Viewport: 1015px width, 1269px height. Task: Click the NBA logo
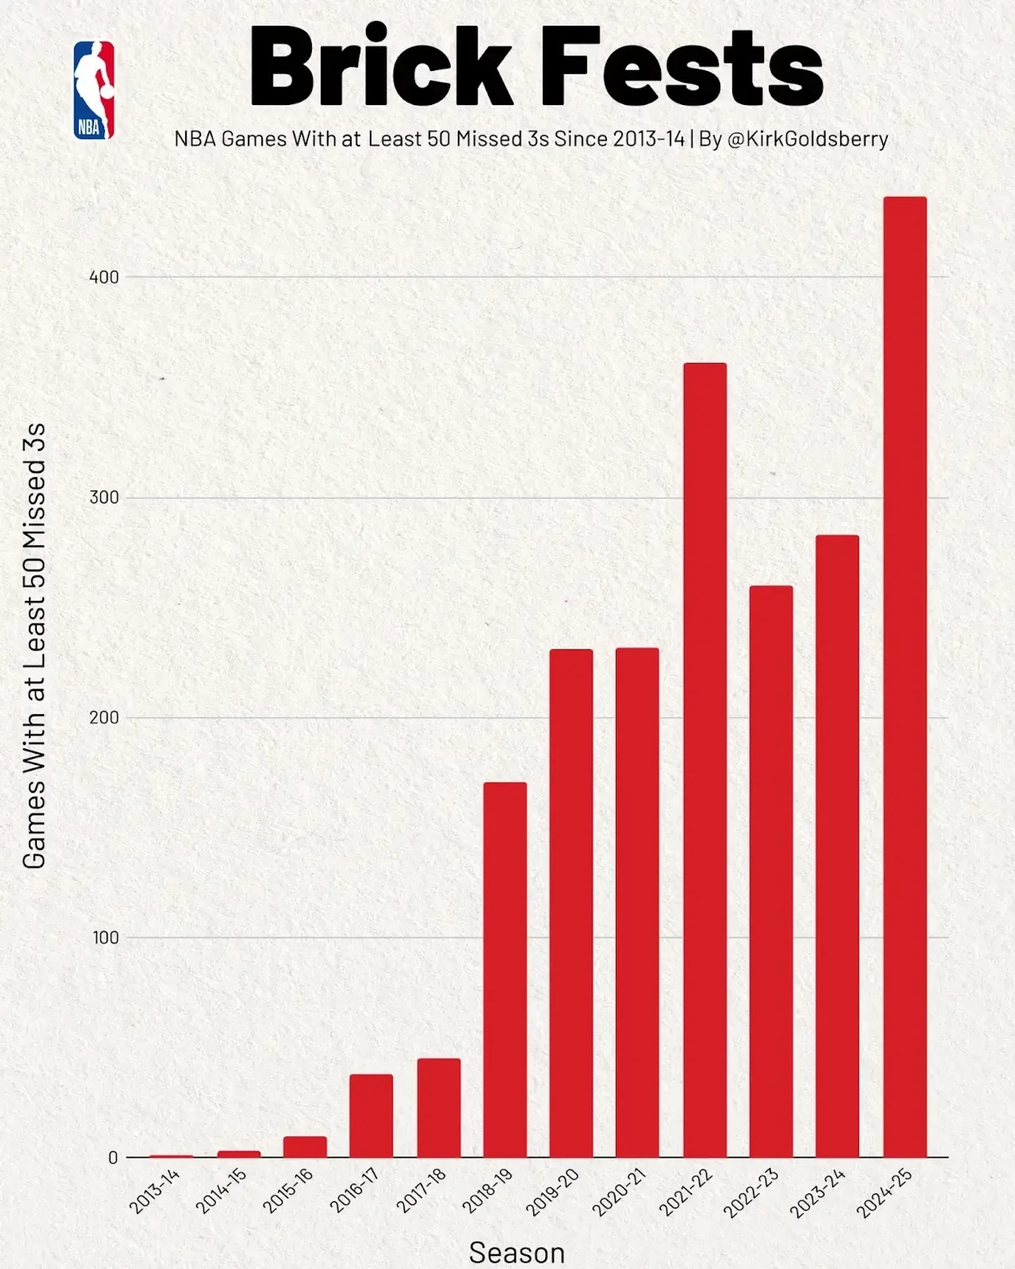94,90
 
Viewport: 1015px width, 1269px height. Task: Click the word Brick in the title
381,67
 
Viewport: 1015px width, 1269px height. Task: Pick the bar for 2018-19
505,969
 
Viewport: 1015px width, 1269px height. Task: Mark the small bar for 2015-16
304,1147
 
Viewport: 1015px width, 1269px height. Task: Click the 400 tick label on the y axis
104,277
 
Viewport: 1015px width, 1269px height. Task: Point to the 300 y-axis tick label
104,498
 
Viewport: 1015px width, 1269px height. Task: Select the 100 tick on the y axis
106,938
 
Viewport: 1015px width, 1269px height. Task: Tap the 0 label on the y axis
113,1158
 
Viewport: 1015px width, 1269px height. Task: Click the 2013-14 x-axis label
155,1191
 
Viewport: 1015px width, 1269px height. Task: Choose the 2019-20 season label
553,1192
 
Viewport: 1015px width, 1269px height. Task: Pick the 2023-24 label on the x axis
818,1193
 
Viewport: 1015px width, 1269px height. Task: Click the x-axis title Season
517,1252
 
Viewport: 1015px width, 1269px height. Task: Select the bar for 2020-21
638,902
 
